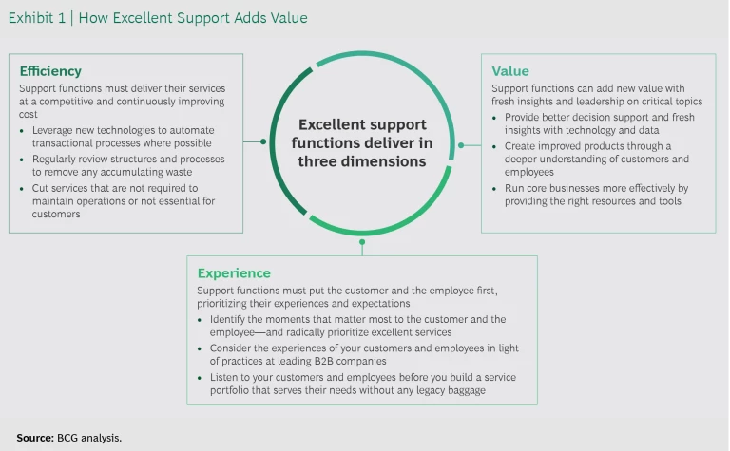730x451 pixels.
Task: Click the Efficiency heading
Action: (x=50, y=71)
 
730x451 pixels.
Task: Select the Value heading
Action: (x=510, y=71)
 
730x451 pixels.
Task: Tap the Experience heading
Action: (x=233, y=272)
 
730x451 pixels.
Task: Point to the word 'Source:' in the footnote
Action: (x=34, y=438)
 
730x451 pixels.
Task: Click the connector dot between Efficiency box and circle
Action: (x=262, y=141)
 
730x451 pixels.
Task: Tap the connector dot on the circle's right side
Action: (x=462, y=145)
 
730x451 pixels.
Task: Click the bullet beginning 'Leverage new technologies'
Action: (x=124, y=136)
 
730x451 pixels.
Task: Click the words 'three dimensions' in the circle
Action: (x=362, y=161)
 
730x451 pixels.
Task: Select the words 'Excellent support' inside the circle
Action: (x=362, y=124)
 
